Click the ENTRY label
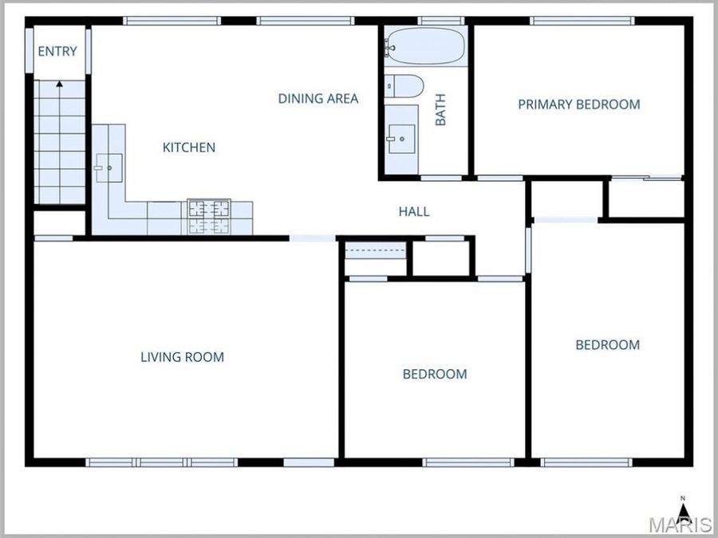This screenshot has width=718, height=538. point(57,52)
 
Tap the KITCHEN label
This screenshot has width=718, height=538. point(189,147)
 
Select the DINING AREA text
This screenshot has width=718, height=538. point(318,99)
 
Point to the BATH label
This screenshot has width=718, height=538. point(440,110)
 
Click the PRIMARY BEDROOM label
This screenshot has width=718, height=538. point(578,104)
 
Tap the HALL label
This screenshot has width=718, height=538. point(414,211)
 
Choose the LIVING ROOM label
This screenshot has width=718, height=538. point(182,357)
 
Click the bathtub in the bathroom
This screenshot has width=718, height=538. point(424,47)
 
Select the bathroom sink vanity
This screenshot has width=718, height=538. point(400,139)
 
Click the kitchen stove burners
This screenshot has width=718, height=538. point(209,217)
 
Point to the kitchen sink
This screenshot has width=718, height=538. point(106,167)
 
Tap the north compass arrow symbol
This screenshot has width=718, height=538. point(683,509)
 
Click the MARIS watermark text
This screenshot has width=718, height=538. point(680,525)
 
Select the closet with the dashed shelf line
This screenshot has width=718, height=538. point(375,257)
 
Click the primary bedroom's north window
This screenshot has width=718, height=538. point(582,21)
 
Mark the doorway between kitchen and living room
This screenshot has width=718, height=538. point(313,238)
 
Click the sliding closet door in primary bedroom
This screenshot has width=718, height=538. point(645,177)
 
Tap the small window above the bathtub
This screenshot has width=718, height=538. point(441,21)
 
